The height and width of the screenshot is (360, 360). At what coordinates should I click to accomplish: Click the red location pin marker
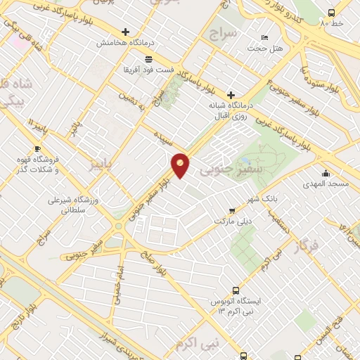(181, 165)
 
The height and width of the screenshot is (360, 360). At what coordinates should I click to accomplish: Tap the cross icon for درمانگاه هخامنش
(126, 32)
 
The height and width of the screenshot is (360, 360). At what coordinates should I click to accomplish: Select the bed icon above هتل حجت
(264, 37)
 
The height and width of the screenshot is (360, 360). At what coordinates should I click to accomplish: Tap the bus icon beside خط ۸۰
(332, 13)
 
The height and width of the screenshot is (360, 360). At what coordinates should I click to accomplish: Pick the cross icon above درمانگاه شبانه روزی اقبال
(231, 95)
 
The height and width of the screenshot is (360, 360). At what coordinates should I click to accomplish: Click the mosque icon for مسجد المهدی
(325, 174)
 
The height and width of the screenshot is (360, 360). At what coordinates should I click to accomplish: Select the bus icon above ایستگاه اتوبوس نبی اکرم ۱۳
(236, 290)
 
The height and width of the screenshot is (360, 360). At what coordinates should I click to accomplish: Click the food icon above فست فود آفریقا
(148, 59)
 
